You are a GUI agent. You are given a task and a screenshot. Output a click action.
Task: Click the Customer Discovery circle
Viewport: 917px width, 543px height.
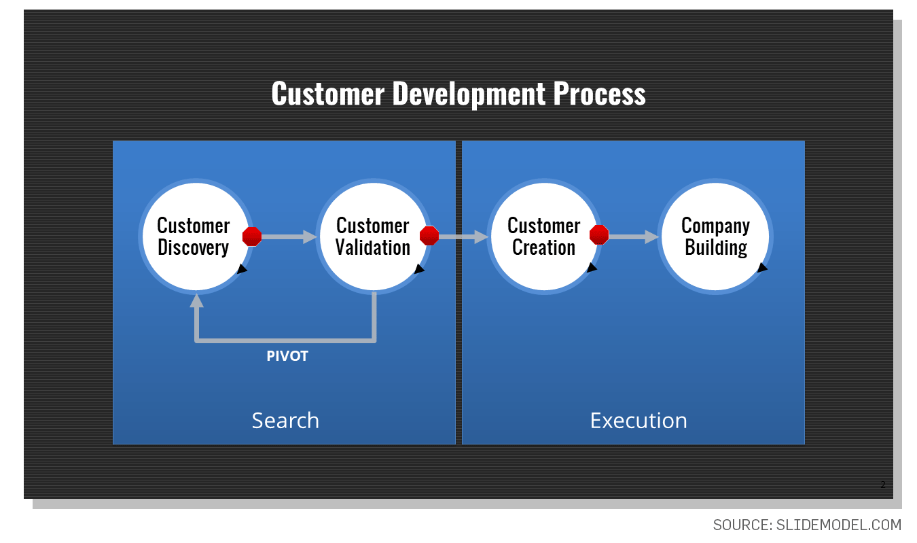coord(196,237)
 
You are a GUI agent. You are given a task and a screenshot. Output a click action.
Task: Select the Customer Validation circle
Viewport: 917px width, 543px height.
coord(374,237)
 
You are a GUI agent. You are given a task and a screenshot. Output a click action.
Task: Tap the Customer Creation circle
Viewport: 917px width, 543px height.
coord(545,237)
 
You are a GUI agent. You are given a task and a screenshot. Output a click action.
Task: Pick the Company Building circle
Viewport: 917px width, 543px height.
coord(715,237)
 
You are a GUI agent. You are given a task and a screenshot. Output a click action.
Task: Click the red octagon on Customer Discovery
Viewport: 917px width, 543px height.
coord(252,237)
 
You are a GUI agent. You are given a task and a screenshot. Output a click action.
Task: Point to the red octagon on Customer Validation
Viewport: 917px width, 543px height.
coord(429,236)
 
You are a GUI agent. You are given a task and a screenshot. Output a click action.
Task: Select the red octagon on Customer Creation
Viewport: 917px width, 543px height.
coord(599,234)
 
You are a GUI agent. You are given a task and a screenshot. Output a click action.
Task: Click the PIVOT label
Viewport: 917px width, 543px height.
coord(287,356)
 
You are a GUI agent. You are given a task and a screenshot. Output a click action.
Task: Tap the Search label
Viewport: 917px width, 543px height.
coord(285,421)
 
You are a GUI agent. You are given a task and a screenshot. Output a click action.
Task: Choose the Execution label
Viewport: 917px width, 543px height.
coord(639,421)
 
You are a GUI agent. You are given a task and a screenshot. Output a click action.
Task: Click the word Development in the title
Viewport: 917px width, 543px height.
coord(469,94)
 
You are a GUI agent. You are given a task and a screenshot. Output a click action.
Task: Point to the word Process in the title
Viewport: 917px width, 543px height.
coord(599,93)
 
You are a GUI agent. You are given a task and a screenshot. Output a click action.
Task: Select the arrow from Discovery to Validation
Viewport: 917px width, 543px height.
coord(289,237)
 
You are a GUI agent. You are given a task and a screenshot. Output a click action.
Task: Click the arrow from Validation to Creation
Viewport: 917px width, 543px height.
coord(464,237)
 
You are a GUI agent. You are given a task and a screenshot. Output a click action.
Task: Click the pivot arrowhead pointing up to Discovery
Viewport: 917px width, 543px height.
coord(197,300)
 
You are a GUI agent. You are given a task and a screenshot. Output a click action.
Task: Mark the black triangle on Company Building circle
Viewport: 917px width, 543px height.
coord(762,268)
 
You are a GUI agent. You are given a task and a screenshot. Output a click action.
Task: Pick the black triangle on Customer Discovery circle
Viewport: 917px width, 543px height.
coord(242,269)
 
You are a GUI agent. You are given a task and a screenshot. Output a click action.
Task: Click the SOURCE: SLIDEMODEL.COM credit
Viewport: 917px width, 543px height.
coord(807,525)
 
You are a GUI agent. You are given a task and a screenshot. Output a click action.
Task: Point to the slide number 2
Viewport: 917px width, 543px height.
coord(883,485)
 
